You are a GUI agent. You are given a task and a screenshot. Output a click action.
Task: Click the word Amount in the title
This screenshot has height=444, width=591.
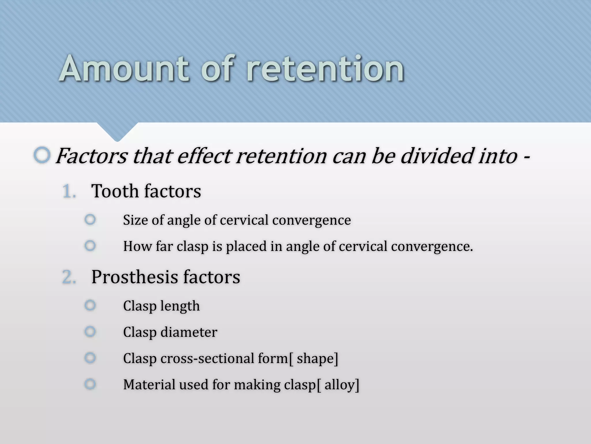pyautogui.click(x=124, y=69)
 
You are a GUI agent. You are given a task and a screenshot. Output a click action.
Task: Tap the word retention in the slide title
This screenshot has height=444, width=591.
pyautogui.click(x=325, y=69)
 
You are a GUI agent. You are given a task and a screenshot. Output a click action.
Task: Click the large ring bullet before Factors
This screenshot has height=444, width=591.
pyautogui.click(x=42, y=155)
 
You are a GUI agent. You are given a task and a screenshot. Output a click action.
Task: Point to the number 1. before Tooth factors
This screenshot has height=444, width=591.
pyautogui.click(x=69, y=192)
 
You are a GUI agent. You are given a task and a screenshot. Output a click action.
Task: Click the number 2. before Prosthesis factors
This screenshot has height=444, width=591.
pyautogui.click(x=69, y=277)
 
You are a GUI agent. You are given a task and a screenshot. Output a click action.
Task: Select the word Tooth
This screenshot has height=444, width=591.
pyautogui.click(x=115, y=191)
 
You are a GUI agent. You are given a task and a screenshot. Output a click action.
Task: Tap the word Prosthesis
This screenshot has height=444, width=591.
pyautogui.click(x=134, y=277)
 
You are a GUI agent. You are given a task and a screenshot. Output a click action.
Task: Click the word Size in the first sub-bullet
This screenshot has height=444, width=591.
pyautogui.click(x=135, y=220)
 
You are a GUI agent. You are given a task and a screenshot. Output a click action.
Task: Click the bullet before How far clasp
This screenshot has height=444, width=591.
pyautogui.click(x=90, y=246)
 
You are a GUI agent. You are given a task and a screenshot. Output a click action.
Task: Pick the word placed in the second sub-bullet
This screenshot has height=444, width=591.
pyautogui.click(x=246, y=247)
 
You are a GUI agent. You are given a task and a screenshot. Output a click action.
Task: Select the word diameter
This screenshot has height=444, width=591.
pyautogui.click(x=189, y=332)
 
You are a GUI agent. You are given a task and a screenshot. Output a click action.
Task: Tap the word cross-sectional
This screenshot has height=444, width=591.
pyautogui.click(x=207, y=358)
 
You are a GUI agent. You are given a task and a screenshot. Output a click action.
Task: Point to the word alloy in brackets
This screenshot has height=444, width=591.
pyautogui.click(x=340, y=385)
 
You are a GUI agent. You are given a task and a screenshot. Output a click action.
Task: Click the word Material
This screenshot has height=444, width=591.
pyautogui.click(x=149, y=384)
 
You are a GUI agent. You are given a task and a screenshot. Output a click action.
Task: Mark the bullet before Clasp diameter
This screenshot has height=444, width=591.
pyautogui.click(x=90, y=332)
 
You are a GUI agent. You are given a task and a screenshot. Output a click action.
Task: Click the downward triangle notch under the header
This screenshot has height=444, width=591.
pyautogui.click(x=117, y=132)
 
